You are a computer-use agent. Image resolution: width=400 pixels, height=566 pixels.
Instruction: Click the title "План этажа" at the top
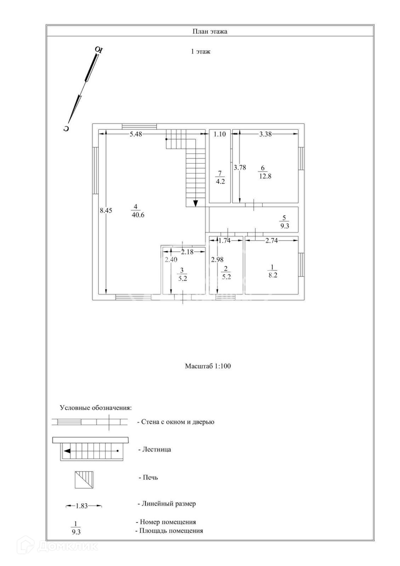coord(210,31)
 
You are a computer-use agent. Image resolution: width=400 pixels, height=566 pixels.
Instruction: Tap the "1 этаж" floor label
coord(201,52)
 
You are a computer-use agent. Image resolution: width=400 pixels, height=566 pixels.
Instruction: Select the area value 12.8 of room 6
coord(265,176)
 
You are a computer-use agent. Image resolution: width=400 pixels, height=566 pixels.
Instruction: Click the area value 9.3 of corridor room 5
coord(285,226)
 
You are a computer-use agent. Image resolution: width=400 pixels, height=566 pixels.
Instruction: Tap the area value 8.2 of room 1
coord(273,275)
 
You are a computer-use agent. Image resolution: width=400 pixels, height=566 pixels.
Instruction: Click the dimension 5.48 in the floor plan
coord(136,134)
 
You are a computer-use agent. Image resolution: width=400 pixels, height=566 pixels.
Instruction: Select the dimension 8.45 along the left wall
coord(106,210)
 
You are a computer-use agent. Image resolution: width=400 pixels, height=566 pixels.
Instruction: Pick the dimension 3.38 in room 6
coord(265,134)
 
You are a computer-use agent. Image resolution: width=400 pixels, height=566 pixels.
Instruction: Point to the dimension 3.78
coord(240,167)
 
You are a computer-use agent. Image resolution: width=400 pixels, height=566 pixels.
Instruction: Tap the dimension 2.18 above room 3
coord(187,252)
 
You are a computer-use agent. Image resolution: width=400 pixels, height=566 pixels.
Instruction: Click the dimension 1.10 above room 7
coord(219,134)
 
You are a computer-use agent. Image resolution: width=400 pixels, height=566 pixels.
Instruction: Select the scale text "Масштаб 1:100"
coord(208,366)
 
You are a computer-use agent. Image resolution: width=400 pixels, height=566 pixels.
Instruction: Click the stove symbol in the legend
coord(84,479)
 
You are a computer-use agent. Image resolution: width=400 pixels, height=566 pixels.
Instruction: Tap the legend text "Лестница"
coord(156,450)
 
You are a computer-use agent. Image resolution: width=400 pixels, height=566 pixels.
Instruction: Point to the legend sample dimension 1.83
coord(81,506)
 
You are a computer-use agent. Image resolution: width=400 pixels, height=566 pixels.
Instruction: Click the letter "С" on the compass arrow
coord(66,128)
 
